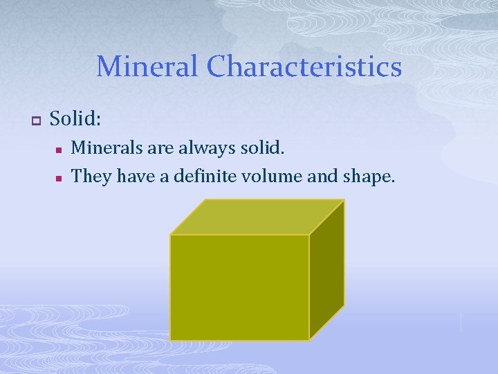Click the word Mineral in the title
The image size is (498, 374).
pyautogui.click(x=147, y=67)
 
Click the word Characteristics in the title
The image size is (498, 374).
pyautogui.click(x=304, y=67)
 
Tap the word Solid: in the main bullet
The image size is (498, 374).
pyautogui.click(x=75, y=119)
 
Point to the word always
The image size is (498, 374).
pyautogui.click(x=203, y=148)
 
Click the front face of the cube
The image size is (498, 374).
pyautogui.click(x=239, y=287)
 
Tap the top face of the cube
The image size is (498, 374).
pyautogui.click(x=257, y=217)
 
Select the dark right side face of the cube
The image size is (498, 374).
pyautogui.click(x=326, y=270)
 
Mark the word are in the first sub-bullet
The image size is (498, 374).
pyautogui.click(x=158, y=148)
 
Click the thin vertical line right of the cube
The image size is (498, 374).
pyautogui.click(x=461, y=321)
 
